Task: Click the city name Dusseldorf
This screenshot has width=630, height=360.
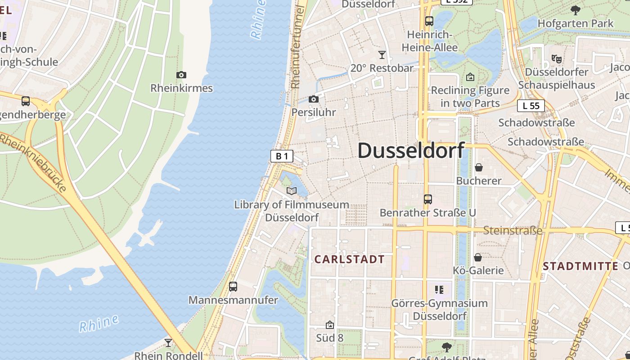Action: tap(411, 150)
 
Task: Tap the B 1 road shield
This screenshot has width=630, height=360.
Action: tap(282, 156)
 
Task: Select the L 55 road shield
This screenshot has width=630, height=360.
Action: tap(531, 106)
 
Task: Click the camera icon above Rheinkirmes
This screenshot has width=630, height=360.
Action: tap(181, 75)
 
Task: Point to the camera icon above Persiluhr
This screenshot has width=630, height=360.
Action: tap(314, 99)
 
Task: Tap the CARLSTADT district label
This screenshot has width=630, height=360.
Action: tap(349, 259)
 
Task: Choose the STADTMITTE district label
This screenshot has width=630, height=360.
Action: tap(580, 266)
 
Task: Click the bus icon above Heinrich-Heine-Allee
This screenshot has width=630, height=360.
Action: tap(429, 21)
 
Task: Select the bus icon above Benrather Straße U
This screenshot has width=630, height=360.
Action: tap(427, 199)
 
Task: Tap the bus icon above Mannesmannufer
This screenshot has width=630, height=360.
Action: tap(233, 287)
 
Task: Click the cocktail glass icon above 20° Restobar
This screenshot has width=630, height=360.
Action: tap(382, 55)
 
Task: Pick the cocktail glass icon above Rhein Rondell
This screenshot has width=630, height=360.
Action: tap(168, 343)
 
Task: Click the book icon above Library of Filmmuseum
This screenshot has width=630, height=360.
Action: tap(292, 191)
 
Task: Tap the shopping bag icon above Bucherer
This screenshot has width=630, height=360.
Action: tap(478, 167)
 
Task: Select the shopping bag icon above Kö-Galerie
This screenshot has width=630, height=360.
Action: tap(478, 257)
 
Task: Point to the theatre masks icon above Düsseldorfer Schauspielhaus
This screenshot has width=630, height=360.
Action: tap(557, 58)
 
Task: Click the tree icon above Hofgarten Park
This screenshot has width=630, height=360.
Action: tap(575, 10)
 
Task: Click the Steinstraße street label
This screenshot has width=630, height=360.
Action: tap(513, 231)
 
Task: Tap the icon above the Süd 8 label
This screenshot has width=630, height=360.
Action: tap(330, 324)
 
